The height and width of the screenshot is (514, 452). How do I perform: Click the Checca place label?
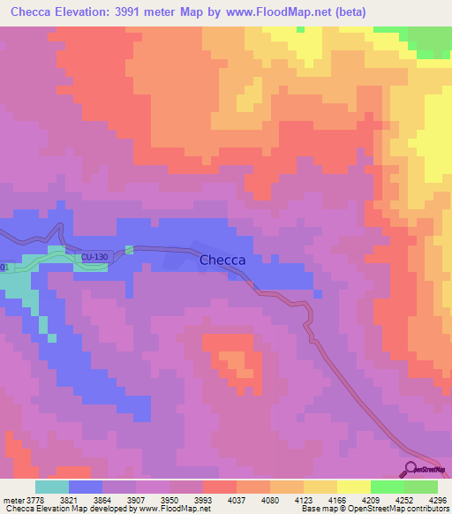[x=222, y=261]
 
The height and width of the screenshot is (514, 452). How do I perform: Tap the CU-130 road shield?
[x=94, y=257]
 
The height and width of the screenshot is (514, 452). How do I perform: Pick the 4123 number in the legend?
[x=303, y=500]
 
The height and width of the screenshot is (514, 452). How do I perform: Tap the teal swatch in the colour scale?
[x=52, y=487]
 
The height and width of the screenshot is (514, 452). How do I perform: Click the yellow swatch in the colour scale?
[x=353, y=487]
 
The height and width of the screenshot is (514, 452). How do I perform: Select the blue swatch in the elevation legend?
[x=86, y=487]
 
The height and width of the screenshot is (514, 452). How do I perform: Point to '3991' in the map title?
[x=147, y=11]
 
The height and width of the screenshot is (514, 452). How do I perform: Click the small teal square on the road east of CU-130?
[x=129, y=249]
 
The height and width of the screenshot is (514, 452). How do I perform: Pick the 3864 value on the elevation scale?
[x=102, y=500]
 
